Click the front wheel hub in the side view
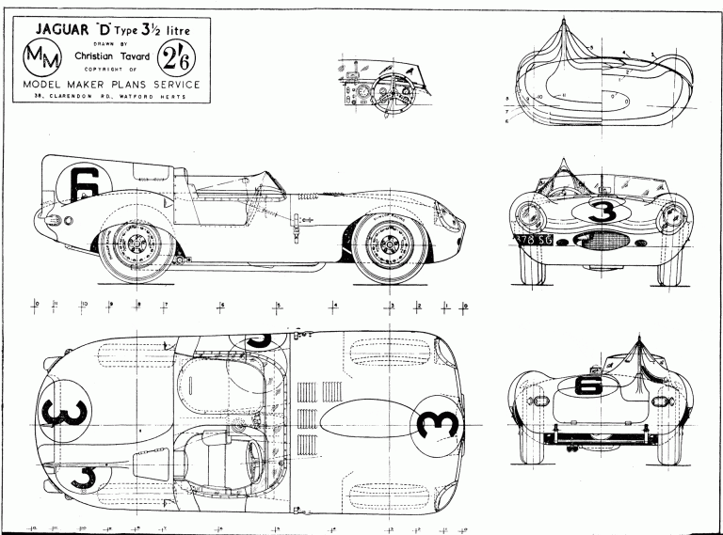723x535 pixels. [388, 246]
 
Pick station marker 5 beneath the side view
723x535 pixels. [278, 305]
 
